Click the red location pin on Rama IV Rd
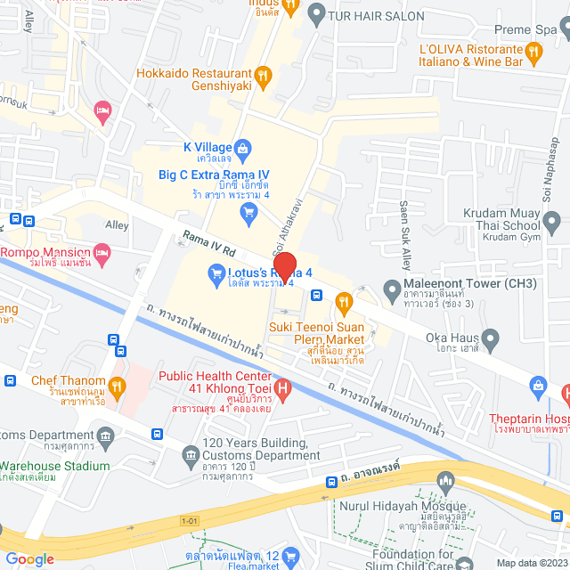click(284, 266)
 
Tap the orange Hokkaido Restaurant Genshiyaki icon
click(262, 77)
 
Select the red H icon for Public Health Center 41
click(282, 388)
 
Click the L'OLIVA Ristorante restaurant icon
click(533, 53)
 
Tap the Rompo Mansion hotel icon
click(103, 257)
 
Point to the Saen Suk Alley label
click(406, 247)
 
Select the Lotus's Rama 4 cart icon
click(215, 278)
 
